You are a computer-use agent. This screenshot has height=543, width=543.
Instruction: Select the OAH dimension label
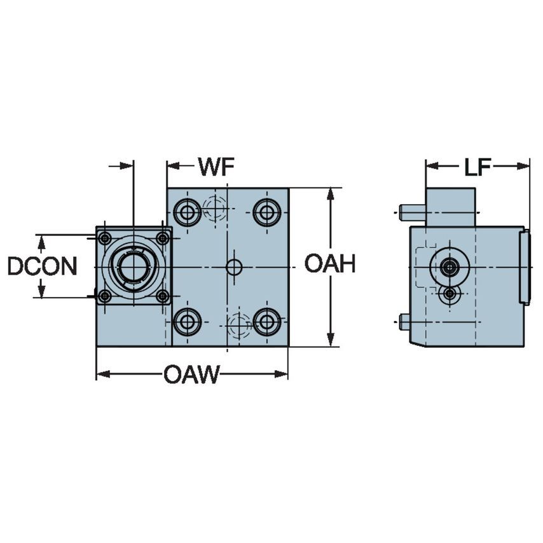tap(329, 264)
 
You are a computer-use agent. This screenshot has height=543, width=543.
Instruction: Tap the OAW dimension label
tap(191, 375)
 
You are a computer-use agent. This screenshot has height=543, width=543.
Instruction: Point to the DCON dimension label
tap(42, 266)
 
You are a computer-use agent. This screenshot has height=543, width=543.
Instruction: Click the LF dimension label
tap(477, 167)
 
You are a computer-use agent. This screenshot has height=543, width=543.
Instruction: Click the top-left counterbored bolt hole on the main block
tap(187, 212)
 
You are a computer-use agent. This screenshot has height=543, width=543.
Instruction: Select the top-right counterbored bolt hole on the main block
tap(266, 212)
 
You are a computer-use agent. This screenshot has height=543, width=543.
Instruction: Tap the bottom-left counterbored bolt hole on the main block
tap(187, 322)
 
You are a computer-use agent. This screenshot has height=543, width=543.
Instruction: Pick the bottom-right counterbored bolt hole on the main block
tap(266, 322)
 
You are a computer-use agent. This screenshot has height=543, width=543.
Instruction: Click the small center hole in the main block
tap(234, 267)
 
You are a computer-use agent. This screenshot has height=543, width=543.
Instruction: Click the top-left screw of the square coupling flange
tap(105, 238)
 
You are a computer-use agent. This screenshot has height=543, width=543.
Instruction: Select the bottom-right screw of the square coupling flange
tap(163, 296)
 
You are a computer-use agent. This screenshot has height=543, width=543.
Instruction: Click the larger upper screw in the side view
tap(450, 267)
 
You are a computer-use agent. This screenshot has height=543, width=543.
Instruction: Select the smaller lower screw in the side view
tap(450, 294)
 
